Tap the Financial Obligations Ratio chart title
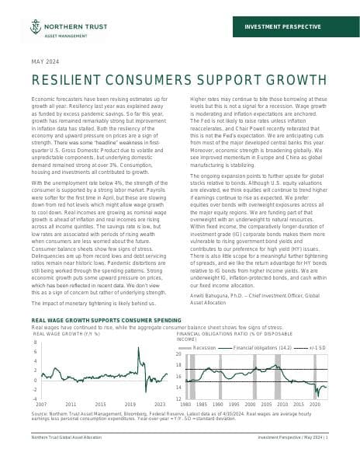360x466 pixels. pyautogui.click(x=225, y=335)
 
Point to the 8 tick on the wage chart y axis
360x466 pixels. pyautogui.click(x=35, y=342)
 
